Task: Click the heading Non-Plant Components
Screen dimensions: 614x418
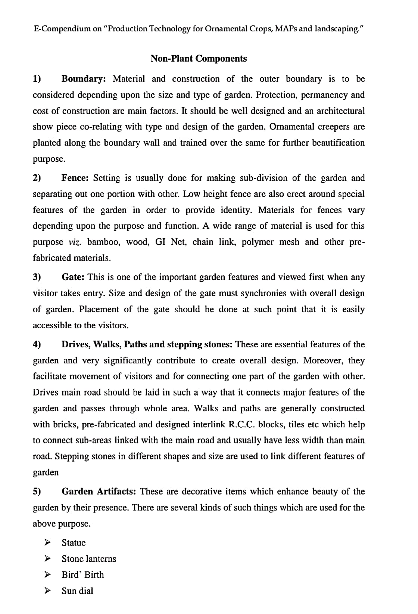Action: click(x=199, y=59)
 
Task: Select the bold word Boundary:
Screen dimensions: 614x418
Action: click(x=84, y=79)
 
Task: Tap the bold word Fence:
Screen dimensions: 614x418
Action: click(x=75, y=178)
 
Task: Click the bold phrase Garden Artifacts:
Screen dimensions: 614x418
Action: click(x=99, y=491)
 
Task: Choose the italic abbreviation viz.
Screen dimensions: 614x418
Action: click(x=76, y=242)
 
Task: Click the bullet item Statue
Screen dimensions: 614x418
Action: click(x=74, y=543)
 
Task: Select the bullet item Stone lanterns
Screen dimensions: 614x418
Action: click(x=89, y=559)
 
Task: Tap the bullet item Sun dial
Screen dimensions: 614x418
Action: click(x=77, y=591)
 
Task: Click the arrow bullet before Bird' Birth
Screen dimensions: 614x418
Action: click(x=47, y=574)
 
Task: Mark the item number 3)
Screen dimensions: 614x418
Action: click(x=37, y=277)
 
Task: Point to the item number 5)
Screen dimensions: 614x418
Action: click(x=37, y=491)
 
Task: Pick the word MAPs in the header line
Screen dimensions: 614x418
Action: click(x=286, y=29)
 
